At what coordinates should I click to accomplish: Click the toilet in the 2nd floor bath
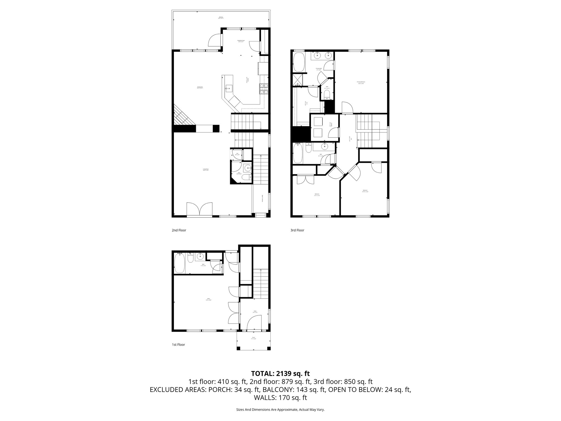click(x=247, y=177)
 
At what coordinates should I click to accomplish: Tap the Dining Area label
click(x=200, y=87)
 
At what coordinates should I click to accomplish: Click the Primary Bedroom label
click(x=361, y=82)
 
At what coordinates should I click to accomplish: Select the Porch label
click(x=253, y=338)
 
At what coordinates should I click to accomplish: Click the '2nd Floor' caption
click(x=179, y=230)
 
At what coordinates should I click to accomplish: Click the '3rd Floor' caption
click(x=297, y=230)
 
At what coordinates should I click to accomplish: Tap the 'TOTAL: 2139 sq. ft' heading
click(x=280, y=373)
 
